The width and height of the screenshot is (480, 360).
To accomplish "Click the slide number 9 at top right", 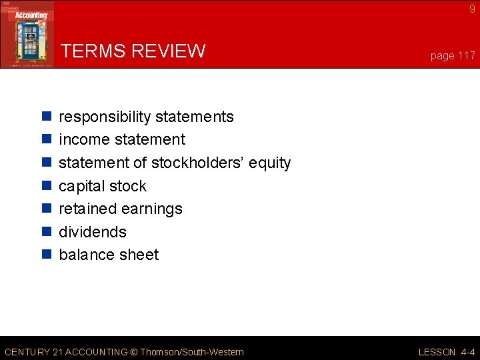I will [472, 9].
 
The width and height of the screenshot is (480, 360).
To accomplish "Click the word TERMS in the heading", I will [93, 51].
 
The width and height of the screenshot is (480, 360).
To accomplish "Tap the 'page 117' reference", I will [453, 56].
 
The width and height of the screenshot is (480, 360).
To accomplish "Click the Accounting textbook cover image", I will [27, 34].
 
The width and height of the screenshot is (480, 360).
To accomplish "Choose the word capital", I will [83, 186].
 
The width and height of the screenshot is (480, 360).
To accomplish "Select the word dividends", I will [93, 232].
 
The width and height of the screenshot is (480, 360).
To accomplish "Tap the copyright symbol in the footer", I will [133, 352].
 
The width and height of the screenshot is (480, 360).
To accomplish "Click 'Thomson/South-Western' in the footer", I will [191, 352].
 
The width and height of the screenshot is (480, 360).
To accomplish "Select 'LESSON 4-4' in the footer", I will [447, 352].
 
